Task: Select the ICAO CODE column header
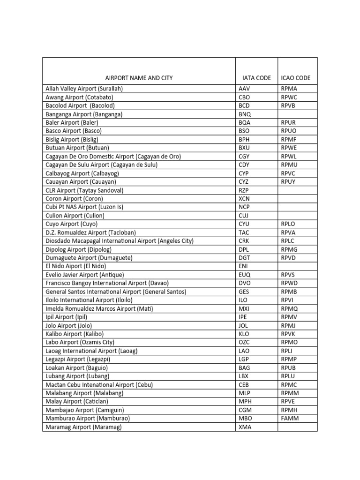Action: [x=296, y=78]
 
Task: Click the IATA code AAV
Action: [x=245, y=89]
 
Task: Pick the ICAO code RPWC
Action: [x=289, y=97]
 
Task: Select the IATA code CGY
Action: [x=245, y=156]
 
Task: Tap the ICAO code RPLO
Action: [x=288, y=224]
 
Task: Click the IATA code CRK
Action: [x=244, y=241]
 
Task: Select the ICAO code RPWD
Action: [x=289, y=283]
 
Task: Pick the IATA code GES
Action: [x=244, y=292]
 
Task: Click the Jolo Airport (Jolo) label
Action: [x=69, y=325]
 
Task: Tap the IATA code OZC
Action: [x=244, y=342]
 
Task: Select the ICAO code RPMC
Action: [x=289, y=385]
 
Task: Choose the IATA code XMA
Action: [x=245, y=427]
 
